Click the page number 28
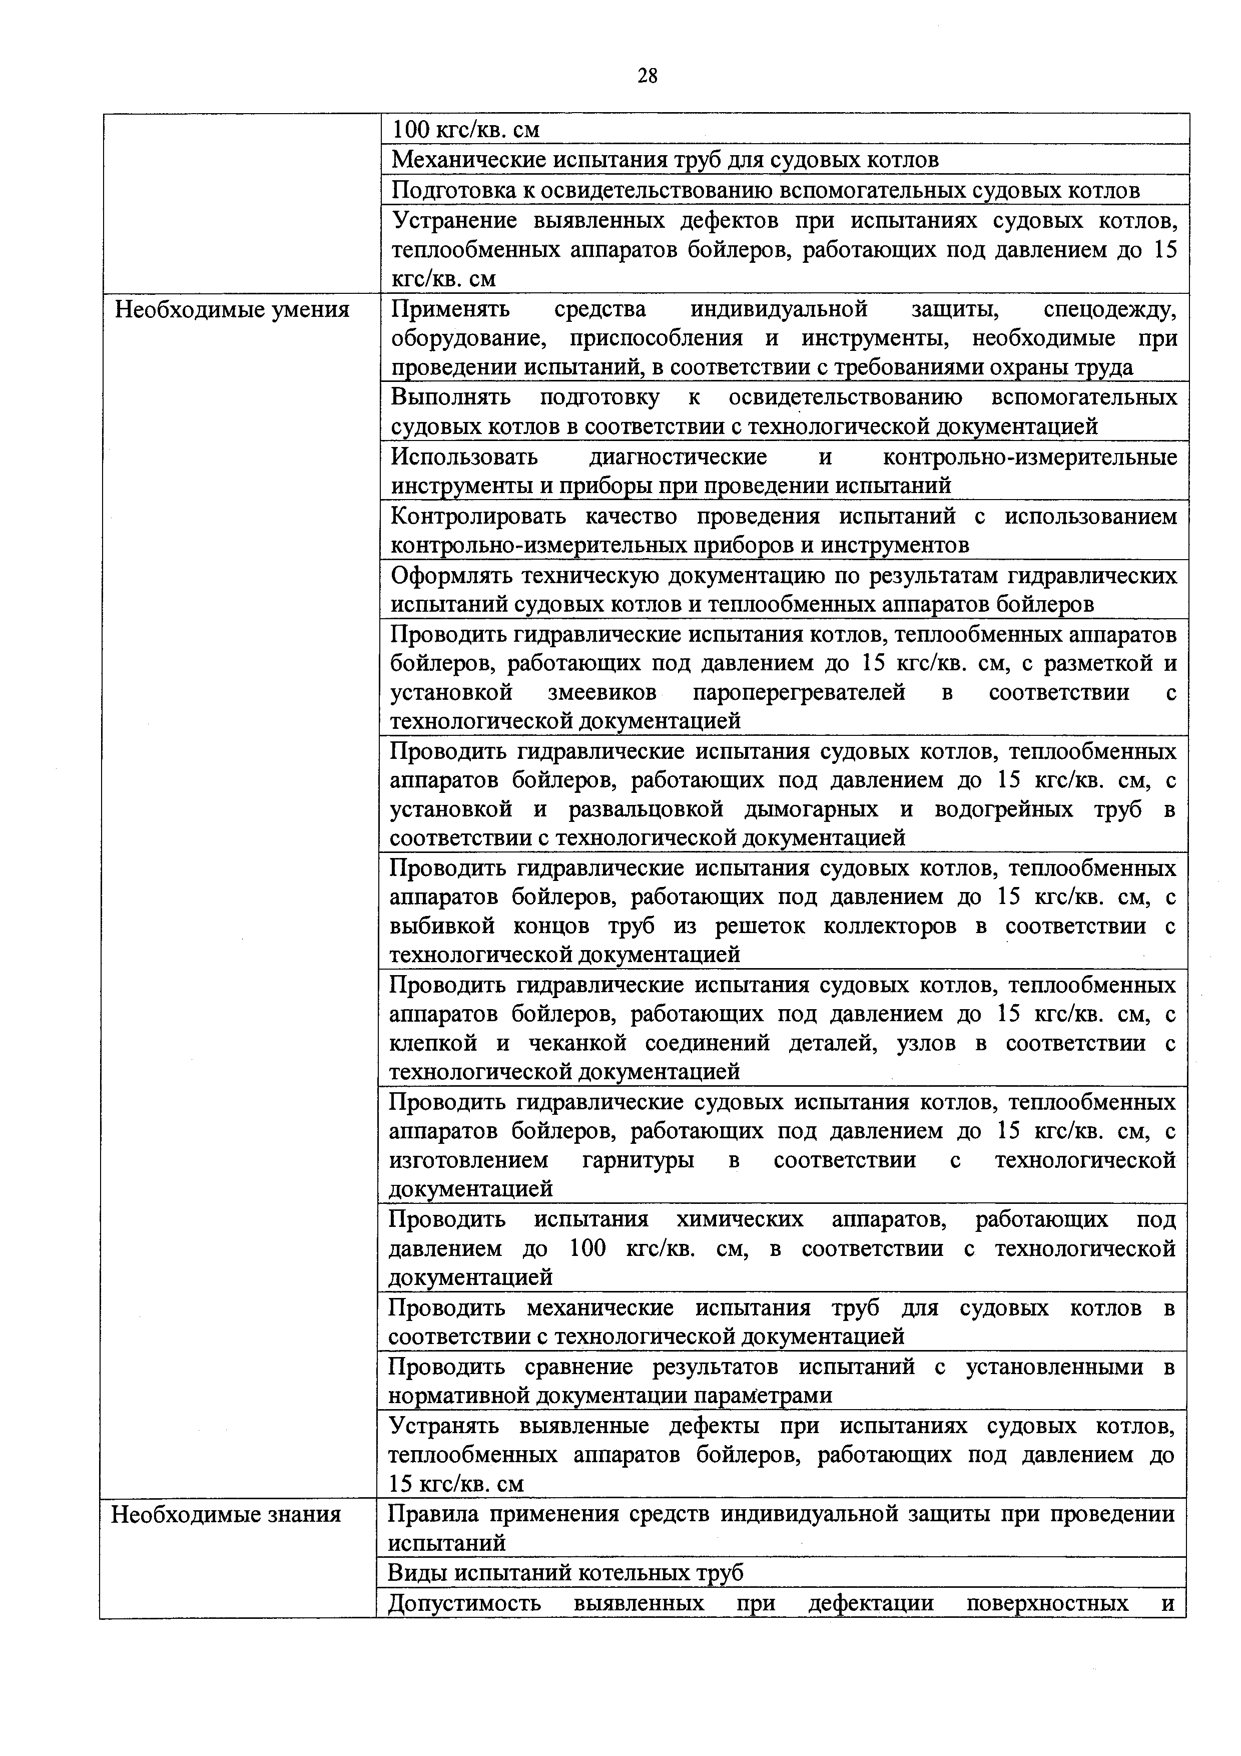[x=647, y=75]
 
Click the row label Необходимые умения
[x=233, y=310]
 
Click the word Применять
[x=450, y=310]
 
